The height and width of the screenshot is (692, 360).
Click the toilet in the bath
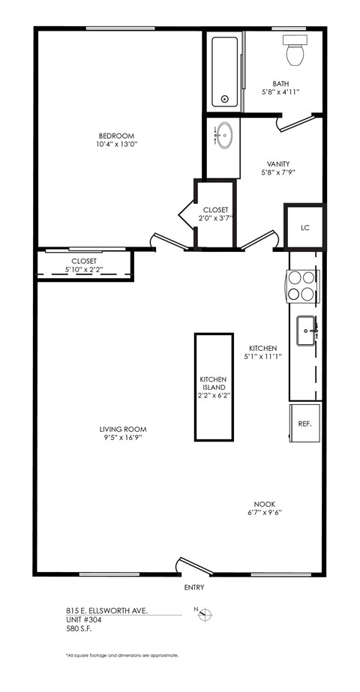(294, 50)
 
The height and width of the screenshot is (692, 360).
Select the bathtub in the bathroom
(224, 71)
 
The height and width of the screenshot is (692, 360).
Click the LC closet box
(304, 226)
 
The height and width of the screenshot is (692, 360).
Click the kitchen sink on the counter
(307, 331)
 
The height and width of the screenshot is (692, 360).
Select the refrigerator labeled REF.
(304, 424)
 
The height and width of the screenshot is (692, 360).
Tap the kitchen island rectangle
(212, 387)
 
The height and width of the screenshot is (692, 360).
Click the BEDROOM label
(116, 136)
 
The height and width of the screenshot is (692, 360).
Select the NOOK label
(263, 505)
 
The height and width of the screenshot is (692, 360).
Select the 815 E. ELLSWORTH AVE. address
(105, 612)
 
